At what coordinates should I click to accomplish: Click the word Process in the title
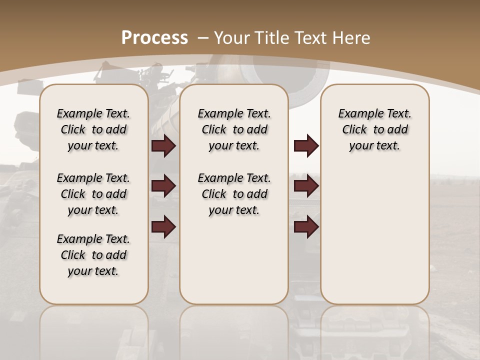(154, 37)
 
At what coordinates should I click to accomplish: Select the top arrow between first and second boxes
(163, 146)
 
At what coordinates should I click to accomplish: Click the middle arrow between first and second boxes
(163, 186)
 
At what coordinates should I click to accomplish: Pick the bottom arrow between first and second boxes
(163, 226)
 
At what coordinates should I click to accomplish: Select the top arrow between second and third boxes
(306, 146)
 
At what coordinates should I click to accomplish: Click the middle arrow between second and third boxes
(306, 186)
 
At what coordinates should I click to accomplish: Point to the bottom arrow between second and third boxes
(306, 226)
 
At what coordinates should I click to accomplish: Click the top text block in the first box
(93, 129)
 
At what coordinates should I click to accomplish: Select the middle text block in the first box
(93, 194)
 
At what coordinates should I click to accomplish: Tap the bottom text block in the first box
(93, 255)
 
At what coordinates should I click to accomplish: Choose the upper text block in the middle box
(234, 129)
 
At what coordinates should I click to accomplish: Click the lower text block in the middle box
(234, 194)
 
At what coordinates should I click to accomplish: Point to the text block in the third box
(375, 129)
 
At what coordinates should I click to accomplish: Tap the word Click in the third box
(355, 130)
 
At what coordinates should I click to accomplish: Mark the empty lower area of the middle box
(234, 260)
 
